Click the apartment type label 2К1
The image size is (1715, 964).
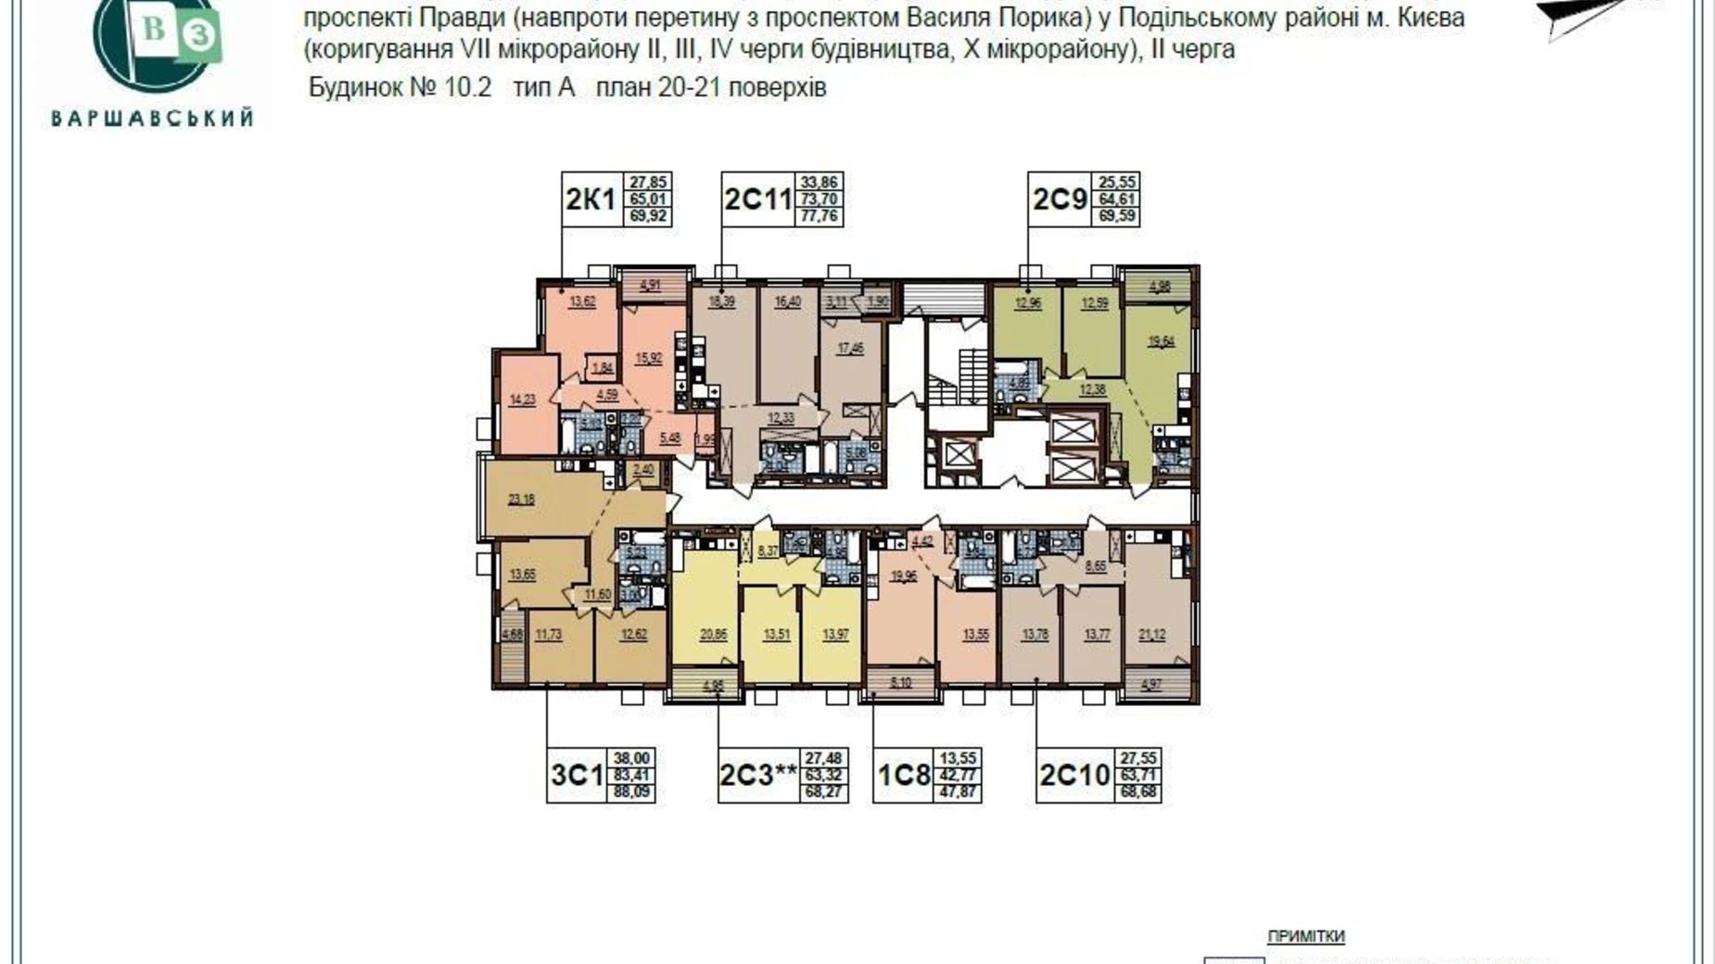pyautogui.click(x=591, y=198)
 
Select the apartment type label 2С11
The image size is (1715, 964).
pyautogui.click(x=757, y=198)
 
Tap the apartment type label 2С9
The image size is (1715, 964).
pyautogui.click(x=1060, y=198)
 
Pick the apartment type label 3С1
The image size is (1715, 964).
pyautogui.click(x=577, y=775)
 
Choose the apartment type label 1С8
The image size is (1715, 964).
pyautogui.click(x=903, y=775)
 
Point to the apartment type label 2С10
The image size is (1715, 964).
pyautogui.click(x=1073, y=775)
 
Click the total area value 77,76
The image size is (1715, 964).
pyautogui.click(x=819, y=216)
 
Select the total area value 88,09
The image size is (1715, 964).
pyautogui.click(x=630, y=793)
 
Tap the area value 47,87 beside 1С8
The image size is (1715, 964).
pyautogui.click(x=958, y=793)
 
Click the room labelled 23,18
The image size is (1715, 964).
pyautogui.click(x=521, y=500)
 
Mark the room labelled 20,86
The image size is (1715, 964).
pyautogui.click(x=713, y=635)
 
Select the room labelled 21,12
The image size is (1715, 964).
pyautogui.click(x=1151, y=635)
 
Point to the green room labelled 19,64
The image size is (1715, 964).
pyautogui.click(x=1161, y=341)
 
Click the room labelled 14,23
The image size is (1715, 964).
pyautogui.click(x=522, y=400)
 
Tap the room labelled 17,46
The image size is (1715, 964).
pyautogui.click(x=849, y=349)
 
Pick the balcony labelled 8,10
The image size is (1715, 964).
pyautogui.click(x=900, y=682)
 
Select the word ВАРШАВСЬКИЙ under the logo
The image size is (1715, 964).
pyautogui.click(x=152, y=119)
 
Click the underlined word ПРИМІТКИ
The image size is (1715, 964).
pyautogui.click(x=1305, y=936)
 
